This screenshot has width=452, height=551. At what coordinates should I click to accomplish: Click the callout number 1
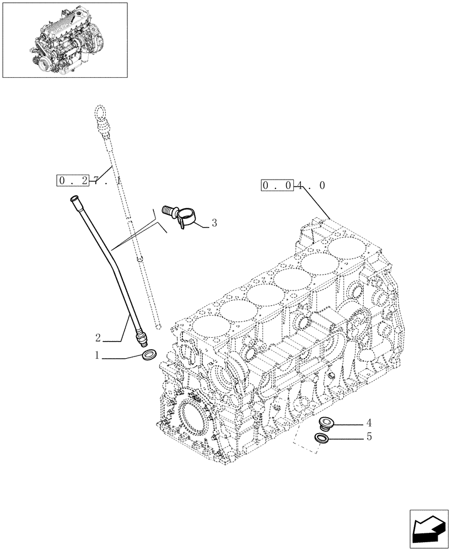click(97, 355)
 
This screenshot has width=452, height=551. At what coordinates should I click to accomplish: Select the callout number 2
click(97, 337)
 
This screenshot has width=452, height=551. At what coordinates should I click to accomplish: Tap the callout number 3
click(214, 223)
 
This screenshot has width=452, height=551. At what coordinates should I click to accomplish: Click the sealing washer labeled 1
click(149, 356)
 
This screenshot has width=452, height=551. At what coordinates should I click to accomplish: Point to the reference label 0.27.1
click(88, 180)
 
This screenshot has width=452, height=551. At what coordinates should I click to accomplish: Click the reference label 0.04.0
click(293, 186)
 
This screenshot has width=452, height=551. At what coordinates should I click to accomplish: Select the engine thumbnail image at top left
click(65, 40)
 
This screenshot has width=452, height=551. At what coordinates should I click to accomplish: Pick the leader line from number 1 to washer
click(121, 358)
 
